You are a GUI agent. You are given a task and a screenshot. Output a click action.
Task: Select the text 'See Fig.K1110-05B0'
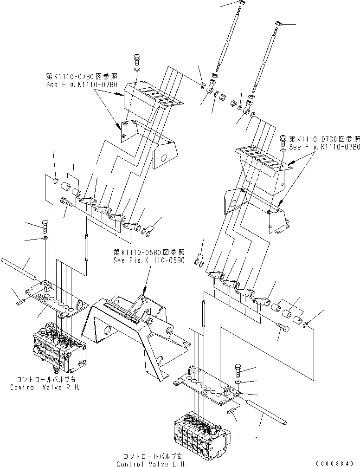pos(148,261)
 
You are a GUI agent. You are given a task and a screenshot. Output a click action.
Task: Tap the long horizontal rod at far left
pos(19,270)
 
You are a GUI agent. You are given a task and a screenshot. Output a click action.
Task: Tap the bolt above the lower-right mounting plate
pos(237,370)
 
